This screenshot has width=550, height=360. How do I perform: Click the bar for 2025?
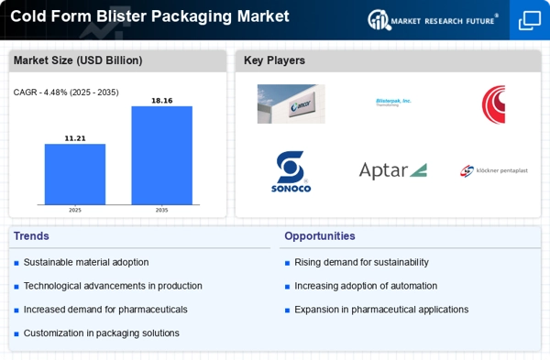(75, 174)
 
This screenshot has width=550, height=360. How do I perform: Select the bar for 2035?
(161, 155)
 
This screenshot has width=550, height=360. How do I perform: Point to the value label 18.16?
(161, 100)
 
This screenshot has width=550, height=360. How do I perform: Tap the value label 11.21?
(75, 137)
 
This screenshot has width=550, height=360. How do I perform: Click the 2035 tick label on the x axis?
(161, 210)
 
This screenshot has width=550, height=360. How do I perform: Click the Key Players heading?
(274, 60)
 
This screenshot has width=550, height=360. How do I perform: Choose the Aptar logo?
(392, 170)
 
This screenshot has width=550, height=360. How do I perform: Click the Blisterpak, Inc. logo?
(393, 103)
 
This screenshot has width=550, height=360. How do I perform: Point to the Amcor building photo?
(291, 104)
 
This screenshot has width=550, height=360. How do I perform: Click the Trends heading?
(32, 235)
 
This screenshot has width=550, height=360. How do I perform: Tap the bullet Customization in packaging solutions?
(101, 333)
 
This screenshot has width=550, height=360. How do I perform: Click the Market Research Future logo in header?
(432, 19)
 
